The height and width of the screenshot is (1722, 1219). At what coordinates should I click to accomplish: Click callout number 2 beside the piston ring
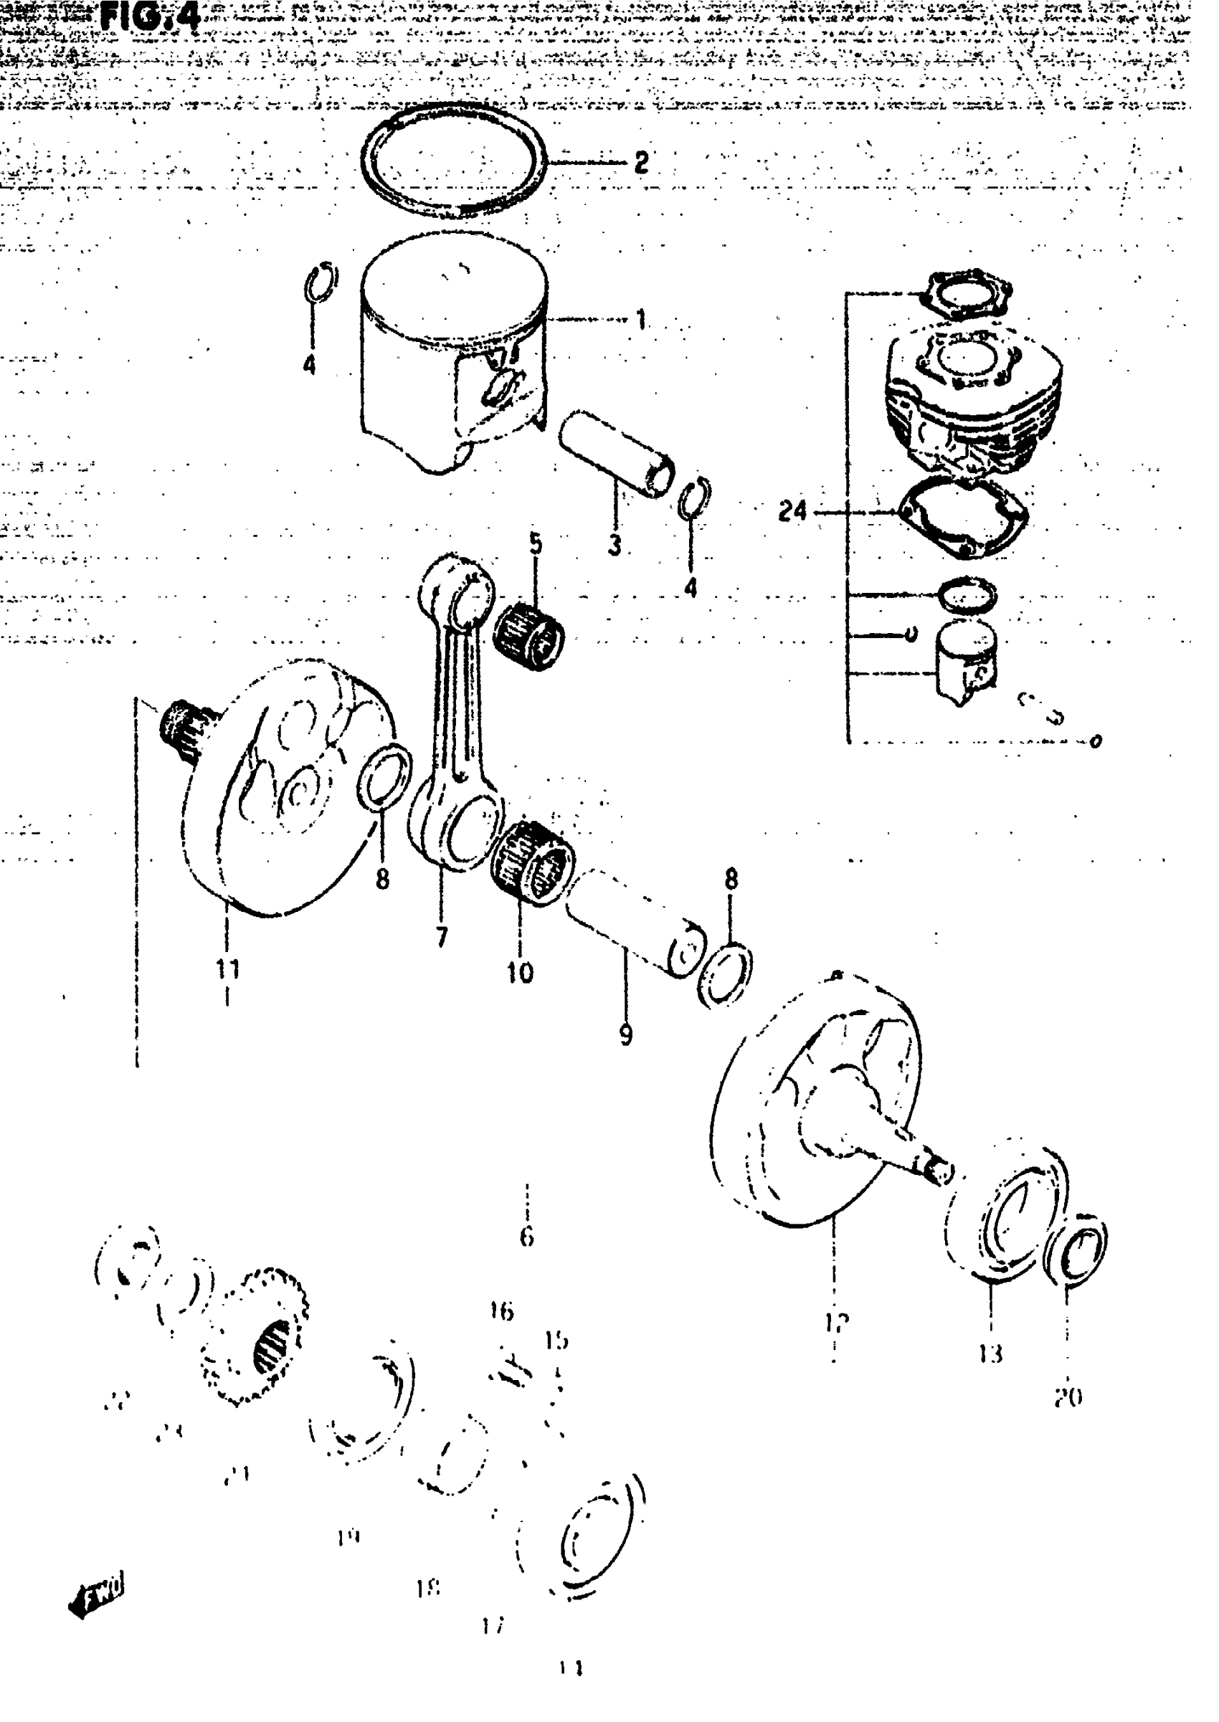pos(640,161)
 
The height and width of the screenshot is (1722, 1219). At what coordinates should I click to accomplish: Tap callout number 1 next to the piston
pos(640,320)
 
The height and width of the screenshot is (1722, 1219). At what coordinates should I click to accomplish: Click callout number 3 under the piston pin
pos(615,545)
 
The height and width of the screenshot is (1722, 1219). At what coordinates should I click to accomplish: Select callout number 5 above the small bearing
pos(535,543)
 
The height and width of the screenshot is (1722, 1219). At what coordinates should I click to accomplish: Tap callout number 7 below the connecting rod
pos(442,936)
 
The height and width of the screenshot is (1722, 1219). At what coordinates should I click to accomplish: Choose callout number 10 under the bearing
pos(519,973)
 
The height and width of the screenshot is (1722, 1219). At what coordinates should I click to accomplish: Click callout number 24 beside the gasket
pos(792,512)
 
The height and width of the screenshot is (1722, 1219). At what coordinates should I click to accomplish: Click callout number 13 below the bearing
pos(990,1354)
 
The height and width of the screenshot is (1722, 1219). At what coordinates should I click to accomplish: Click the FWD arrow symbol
pos(96,1594)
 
